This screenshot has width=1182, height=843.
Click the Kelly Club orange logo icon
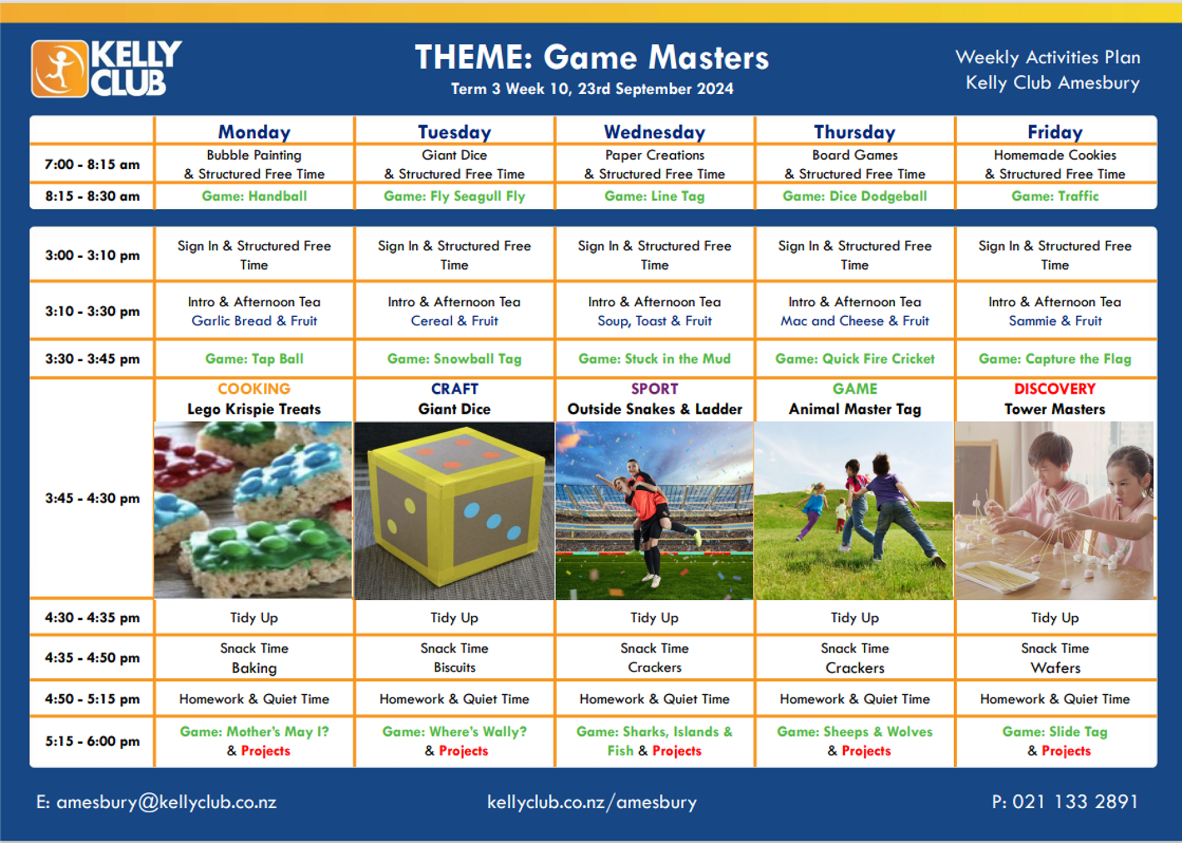point(60,69)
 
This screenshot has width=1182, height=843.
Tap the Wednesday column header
point(654,132)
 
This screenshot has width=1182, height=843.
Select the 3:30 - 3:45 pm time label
point(92,359)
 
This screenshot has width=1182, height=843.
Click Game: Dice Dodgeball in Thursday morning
point(855,196)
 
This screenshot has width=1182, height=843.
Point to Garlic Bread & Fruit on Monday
point(254,321)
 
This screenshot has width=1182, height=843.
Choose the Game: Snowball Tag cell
point(454,359)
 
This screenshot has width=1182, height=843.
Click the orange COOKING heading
point(254,388)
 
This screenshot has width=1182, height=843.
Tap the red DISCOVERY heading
point(1055,388)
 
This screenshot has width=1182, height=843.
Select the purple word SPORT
point(654,388)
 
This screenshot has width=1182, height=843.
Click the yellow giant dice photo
point(454,511)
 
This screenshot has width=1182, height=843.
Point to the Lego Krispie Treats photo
point(253,510)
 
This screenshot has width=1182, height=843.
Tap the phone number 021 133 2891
point(1075,802)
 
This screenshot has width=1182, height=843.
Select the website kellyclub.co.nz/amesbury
point(592,802)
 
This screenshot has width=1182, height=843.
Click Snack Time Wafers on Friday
point(1055,658)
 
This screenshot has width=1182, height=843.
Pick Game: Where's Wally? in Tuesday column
point(454,732)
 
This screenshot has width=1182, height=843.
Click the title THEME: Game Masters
point(592,57)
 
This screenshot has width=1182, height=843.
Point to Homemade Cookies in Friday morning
point(1055,155)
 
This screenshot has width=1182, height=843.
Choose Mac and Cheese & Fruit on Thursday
point(855,321)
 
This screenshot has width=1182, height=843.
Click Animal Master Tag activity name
point(855,409)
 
